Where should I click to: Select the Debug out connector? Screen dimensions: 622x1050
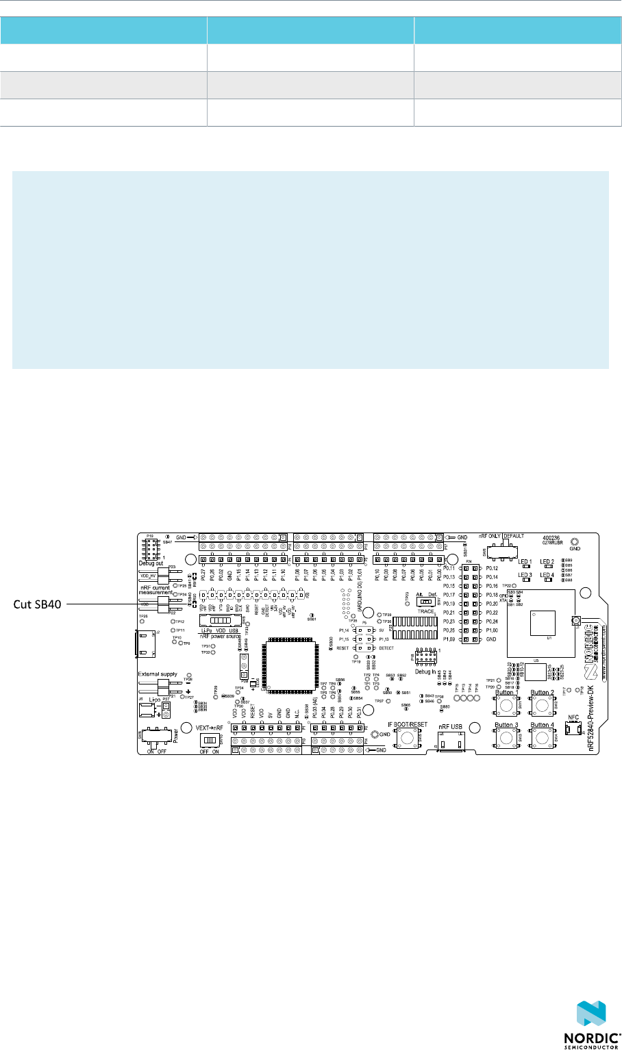coord(149,548)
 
